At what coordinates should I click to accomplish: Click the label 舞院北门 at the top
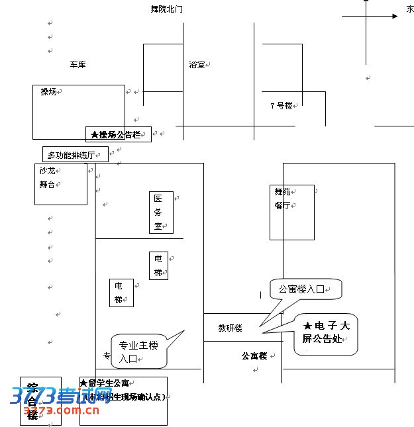click(166, 9)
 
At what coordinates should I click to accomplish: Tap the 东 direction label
click(410, 10)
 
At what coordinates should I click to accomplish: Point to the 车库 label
click(78, 65)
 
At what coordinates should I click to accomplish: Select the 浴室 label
click(197, 65)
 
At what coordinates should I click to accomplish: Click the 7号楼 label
click(281, 105)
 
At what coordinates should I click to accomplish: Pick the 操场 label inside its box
click(48, 92)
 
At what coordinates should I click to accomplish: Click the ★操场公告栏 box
click(118, 134)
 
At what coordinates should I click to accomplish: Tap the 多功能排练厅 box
click(76, 155)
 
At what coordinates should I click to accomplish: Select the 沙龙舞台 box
click(61, 184)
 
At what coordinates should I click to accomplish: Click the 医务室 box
click(161, 213)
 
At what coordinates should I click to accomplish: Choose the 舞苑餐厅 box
click(291, 212)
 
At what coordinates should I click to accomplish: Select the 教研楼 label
click(230, 328)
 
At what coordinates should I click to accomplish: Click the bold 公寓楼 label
click(254, 356)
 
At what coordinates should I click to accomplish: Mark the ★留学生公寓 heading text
click(109, 383)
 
